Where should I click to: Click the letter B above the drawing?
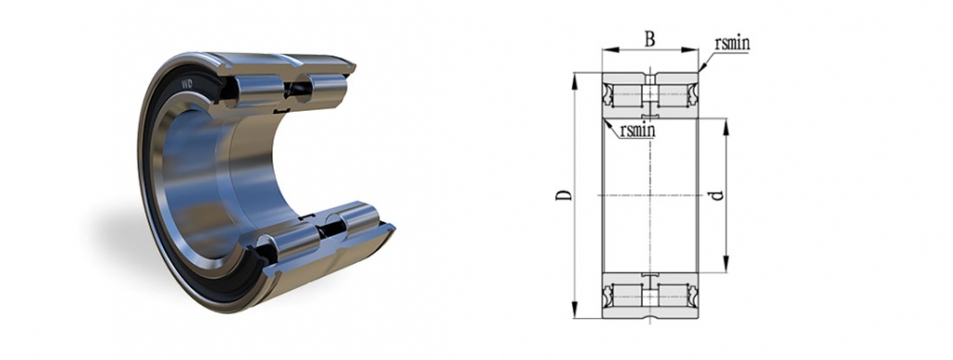tap(650, 39)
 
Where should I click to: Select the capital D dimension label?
tap(562, 195)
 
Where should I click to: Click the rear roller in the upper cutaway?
tap(326, 88)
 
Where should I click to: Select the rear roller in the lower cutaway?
tap(357, 222)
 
